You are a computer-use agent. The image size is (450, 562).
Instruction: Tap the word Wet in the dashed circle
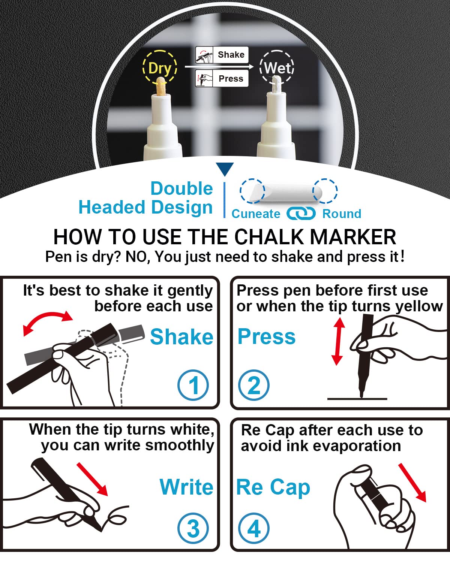[x=277, y=68]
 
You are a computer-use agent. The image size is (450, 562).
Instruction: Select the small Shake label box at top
[x=222, y=55]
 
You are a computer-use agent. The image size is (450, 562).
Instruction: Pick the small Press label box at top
[x=222, y=78]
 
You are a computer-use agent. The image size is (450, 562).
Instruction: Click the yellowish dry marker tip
[x=160, y=86]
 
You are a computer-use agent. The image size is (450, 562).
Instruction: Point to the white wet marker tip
[x=276, y=85]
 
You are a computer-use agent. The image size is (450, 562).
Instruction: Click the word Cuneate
[x=256, y=214]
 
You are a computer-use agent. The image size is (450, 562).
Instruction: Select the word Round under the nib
[x=342, y=214]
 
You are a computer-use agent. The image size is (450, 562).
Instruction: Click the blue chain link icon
[x=301, y=213]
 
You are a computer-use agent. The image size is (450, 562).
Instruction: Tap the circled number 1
[x=193, y=385]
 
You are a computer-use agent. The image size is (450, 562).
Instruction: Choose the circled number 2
[x=253, y=385]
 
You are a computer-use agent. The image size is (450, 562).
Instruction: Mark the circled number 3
[x=193, y=529]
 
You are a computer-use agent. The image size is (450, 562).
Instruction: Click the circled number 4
[x=253, y=529]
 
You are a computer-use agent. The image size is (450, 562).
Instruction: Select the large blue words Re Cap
[x=273, y=488]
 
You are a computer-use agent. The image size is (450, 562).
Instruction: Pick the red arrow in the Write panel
[x=92, y=479]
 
